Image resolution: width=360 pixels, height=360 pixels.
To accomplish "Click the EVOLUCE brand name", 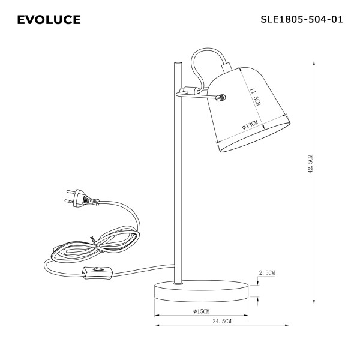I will coord(49,20).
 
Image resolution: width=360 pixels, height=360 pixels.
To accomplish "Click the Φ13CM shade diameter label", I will coord(250,125).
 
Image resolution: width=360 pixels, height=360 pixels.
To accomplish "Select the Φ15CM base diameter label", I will coord(202,311).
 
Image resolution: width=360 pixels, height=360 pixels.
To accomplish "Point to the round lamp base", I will coord(201,291).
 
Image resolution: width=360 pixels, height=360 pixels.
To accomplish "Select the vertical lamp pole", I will coord(176,180).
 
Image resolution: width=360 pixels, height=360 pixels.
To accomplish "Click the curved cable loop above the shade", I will coord(207,58).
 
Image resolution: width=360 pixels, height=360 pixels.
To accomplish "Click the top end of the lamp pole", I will coord(176,64).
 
